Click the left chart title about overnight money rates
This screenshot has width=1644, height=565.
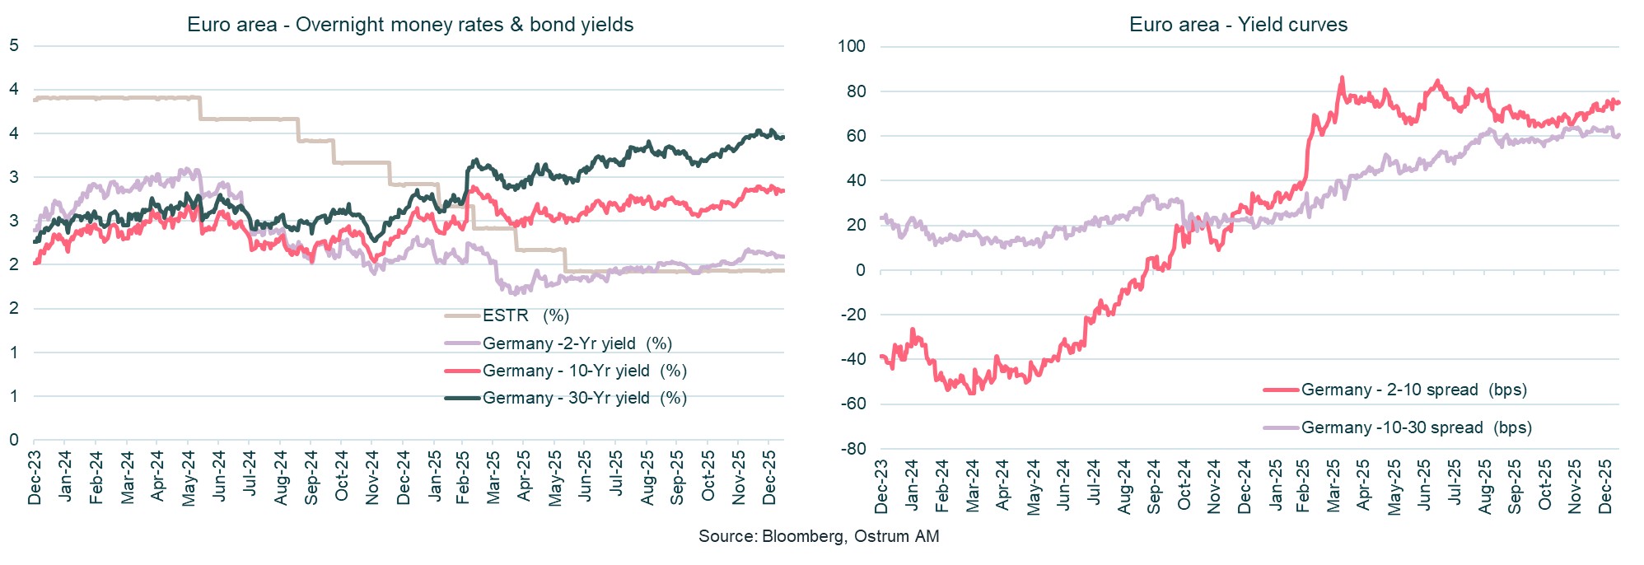(x=410, y=25)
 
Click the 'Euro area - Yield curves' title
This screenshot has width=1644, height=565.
(x=1238, y=25)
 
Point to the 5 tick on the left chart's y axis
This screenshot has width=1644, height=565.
(x=14, y=46)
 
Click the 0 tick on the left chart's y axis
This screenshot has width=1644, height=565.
(x=14, y=440)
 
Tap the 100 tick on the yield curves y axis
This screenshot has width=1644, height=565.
(x=851, y=46)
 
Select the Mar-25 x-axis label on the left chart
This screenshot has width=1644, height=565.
(x=493, y=478)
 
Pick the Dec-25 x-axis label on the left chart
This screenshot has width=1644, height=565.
(x=769, y=478)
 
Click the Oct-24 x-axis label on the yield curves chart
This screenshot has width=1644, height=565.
(x=1184, y=487)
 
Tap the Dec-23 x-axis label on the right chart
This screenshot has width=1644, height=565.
(x=881, y=487)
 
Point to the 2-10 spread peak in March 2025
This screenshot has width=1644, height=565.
(x=1342, y=78)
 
